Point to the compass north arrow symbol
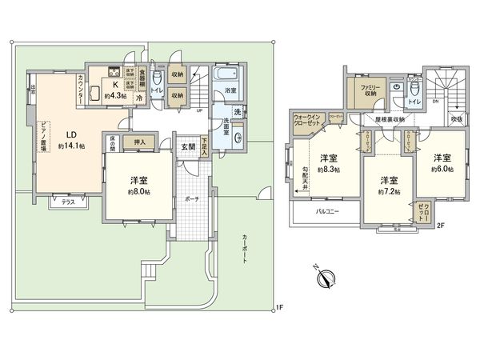[326, 278]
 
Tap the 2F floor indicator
[440, 225]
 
